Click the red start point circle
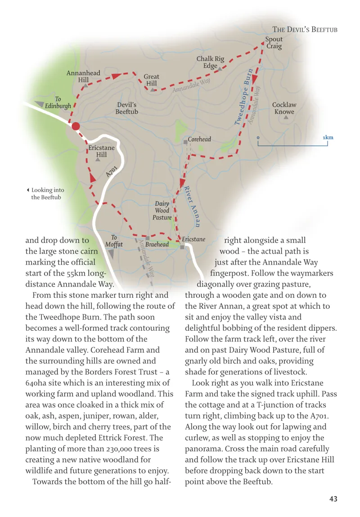tap(76, 126)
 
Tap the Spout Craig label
tap(274, 43)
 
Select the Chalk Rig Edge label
tap(210, 62)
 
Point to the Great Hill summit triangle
tap(153, 90)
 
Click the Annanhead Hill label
tap(83, 76)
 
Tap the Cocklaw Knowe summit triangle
tap(286, 117)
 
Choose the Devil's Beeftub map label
tap(126, 108)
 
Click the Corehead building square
tap(185, 142)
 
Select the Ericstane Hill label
tap(101, 151)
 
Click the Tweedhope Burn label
tap(243, 97)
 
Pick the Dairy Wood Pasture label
tap(163, 210)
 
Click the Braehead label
tap(157, 244)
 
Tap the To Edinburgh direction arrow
tap(46, 104)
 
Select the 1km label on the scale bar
tap(328, 138)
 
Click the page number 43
tap(333, 499)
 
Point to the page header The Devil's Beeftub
tap(305, 30)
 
